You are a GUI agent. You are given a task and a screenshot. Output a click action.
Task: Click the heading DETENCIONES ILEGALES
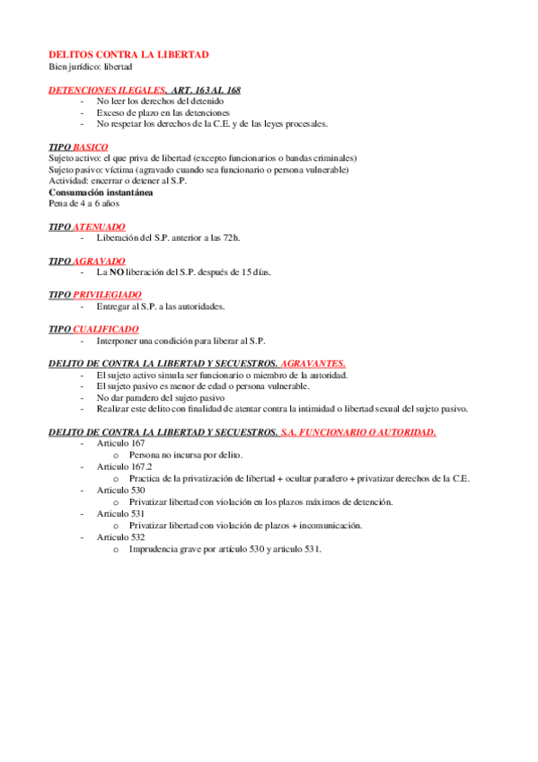pyautogui.click(x=107, y=90)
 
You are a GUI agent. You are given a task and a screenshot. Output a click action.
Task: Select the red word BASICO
pyautogui.click(x=91, y=146)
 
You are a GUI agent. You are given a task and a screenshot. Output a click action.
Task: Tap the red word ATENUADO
pyautogui.click(x=99, y=226)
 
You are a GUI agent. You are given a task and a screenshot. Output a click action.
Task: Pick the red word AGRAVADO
pyautogui.click(x=99, y=261)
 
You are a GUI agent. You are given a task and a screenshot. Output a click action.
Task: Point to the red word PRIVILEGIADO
pyautogui.click(x=107, y=295)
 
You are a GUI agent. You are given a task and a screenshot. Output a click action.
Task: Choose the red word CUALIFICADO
pyautogui.click(x=105, y=330)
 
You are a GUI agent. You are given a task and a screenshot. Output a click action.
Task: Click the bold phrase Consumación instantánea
pyautogui.click(x=101, y=191)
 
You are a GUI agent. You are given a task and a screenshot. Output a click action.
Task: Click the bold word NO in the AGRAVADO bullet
pyautogui.click(x=116, y=272)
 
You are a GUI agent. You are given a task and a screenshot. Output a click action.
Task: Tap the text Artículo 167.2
pyautogui.click(x=124, y=467)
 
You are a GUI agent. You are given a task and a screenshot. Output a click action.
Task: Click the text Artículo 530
pyautogui.click(x=120, y=491)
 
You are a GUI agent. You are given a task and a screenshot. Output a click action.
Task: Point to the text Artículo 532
pyautogui.click(x=120, y=536)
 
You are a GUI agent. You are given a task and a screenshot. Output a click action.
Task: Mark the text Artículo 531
pyautogui.click(x=120, y=513)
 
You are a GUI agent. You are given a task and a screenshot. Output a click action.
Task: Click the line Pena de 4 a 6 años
pyautogui.click(x=84, y=203)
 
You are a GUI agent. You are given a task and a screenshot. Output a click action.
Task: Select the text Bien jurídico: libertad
pyautogui.click(x=90, y=66)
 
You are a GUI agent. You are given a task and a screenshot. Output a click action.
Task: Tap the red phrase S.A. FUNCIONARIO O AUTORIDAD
pyautogui.click(x=357, y=432)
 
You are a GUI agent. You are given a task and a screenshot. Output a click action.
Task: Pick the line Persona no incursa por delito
pyautogui.click(x=186, y=456)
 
